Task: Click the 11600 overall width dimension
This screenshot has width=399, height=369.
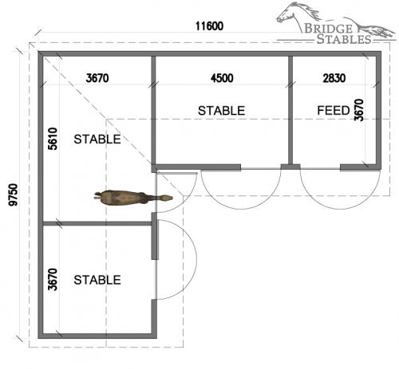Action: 209,26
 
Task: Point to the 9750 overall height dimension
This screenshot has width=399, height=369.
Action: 13,194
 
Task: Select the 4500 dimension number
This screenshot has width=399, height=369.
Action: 222,78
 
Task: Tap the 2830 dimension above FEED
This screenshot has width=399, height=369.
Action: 334,78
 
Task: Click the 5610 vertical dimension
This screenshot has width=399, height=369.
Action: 53,139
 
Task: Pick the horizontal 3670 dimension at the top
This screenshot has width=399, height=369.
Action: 97,78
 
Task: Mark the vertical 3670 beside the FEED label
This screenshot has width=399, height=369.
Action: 359,110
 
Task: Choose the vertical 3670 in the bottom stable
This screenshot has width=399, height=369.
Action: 53,280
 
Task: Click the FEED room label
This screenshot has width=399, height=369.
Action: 334,110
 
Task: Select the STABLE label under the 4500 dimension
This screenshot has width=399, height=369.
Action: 221,111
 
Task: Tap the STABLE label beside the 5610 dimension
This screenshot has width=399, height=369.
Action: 97,139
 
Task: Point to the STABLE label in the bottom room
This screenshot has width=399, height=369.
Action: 97,280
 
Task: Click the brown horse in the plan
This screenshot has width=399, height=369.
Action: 133,198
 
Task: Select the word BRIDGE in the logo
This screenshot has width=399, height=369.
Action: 328,29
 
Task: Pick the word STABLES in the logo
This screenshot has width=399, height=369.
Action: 344,39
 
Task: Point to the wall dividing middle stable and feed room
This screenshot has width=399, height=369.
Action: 290,110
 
